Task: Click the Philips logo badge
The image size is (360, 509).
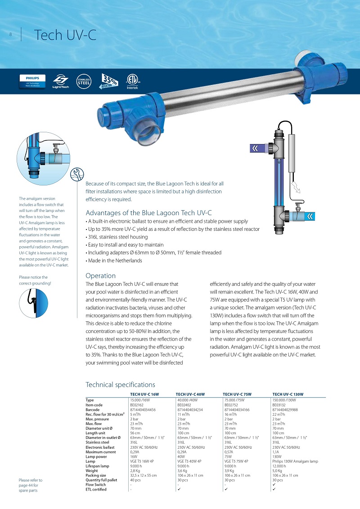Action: pos(33,81)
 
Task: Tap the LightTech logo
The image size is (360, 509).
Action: pos(60,81)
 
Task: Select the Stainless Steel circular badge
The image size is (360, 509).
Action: pos(84,81)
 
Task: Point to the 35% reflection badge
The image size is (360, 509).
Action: pos(109,81)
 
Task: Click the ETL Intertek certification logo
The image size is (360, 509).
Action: pos(133,81)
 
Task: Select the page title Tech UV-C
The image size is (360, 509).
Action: pos(65,35)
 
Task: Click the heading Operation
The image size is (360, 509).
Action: pos(100,275)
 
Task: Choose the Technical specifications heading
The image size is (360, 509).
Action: pos(120,384)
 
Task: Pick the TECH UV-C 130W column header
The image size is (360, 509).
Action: pos(288,394)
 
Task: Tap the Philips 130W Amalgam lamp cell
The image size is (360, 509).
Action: pos(295,461)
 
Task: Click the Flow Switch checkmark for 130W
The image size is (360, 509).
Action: pos(274,485)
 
